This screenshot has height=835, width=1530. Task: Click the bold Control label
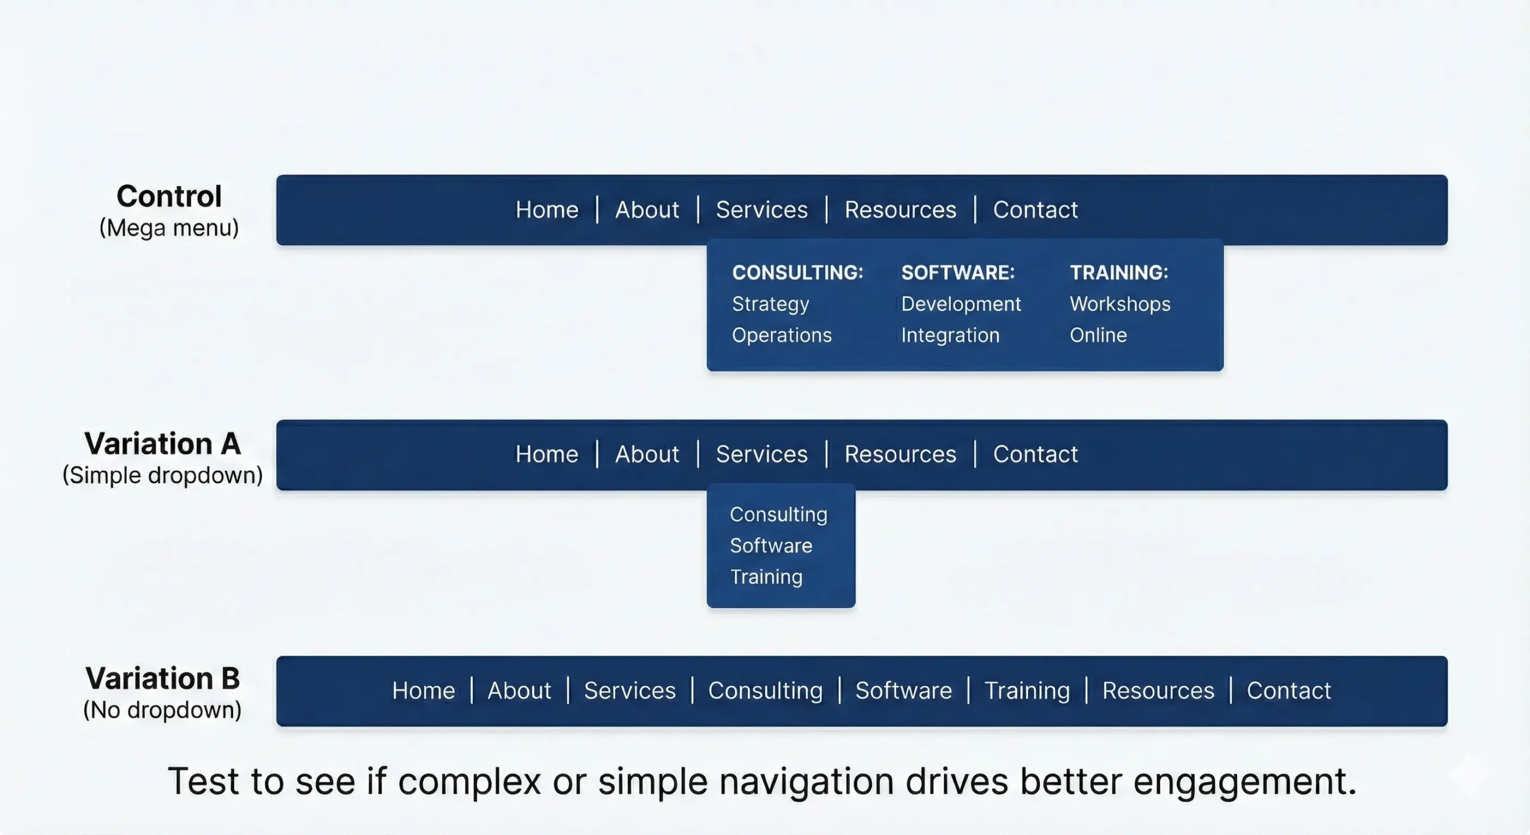point(169,196)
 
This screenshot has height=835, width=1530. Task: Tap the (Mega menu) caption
point(169,228)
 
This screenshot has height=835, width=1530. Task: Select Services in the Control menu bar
point(761,210)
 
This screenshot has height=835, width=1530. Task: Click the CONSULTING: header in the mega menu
point(797,273)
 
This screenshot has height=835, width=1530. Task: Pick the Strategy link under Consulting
point(770,304)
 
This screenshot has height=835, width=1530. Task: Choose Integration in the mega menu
point(950,335)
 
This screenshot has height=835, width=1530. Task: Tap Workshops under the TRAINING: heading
point(1119,304)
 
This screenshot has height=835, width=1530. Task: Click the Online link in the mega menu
point(1098,335)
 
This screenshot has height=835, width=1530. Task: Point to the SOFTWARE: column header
point(957,273)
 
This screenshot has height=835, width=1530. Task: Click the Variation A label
point(163,444)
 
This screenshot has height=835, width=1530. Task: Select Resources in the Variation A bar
point(900,455)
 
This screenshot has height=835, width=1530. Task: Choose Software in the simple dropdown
point(771,546)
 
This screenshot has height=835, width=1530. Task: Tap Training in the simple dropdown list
point(766,577)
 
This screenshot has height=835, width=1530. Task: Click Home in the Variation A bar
point(547,455)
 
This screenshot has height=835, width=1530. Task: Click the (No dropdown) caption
point(163,710)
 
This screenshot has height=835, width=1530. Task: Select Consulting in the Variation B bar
point(765,691)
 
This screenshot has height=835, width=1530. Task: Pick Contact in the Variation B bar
point(1289,691)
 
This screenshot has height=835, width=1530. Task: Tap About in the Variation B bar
point(519,691)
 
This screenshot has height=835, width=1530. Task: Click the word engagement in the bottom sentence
point(1244,782)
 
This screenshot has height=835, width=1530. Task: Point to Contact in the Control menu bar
point(1035,210)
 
